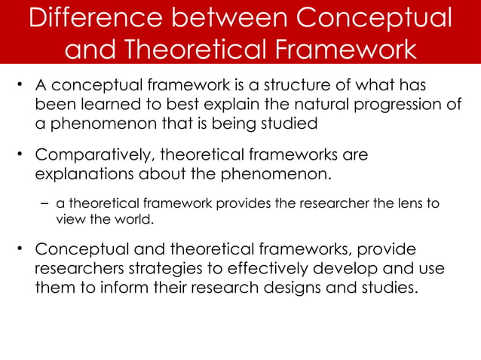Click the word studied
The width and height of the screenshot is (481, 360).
click(283, 121)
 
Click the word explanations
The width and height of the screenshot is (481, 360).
click(83, 175)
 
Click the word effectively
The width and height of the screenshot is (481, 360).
click(260, 268)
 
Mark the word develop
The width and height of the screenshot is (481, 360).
click(347, 268)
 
